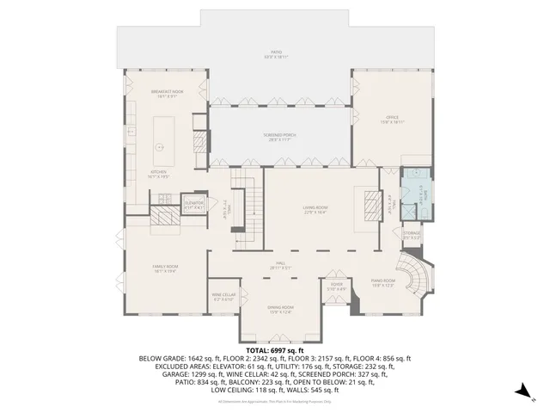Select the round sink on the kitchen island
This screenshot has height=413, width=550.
click(x=159, y=146)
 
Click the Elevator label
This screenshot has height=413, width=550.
click(x=194, y=205)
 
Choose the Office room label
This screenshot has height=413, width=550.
click(x=392, y=119)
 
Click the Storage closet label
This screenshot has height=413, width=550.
click(x=412, y=235)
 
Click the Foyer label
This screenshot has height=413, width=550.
click(x=336, y=286)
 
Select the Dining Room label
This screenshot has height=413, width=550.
click(x=280, y=311)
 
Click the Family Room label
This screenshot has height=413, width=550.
click(x=164, y=269)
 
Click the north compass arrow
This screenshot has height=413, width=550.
click(x=521, y=391)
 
